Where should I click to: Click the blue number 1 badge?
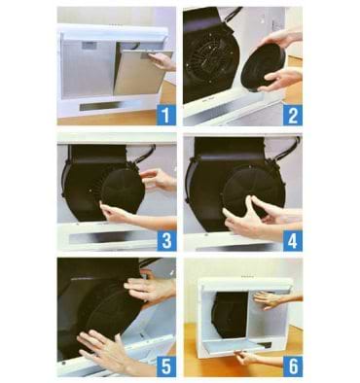coord(166,115)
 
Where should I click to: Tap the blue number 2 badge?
coord(293,115)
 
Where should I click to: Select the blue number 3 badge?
coord(166,241)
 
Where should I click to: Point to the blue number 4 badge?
coord(293,241)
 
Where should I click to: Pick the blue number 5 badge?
coord(166,366)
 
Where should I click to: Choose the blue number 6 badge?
coord(293,366)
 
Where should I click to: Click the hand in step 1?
coord(162,61)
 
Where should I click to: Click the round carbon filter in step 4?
coord(254,191)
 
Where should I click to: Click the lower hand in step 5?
coord(107,349)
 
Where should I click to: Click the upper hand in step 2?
coord(280,39)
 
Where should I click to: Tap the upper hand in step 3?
coord(159,180)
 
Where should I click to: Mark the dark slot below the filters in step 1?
coord(101,105)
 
